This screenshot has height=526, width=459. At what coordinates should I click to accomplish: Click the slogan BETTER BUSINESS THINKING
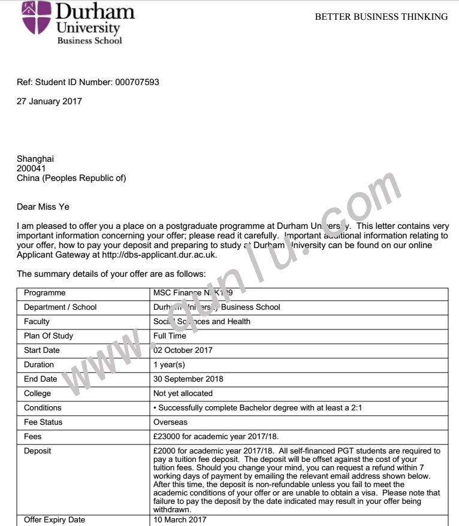click(x=381, y=17)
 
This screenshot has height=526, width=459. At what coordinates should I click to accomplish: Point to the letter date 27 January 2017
click(x=49, y=101)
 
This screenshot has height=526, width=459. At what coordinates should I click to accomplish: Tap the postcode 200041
click(x=31, y=168)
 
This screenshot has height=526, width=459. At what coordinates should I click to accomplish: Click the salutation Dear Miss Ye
click(x=43, y=207)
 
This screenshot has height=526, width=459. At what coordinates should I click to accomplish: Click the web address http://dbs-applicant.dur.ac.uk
click(x=164, y=255)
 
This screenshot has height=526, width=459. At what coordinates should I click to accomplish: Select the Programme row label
click(x=44, y=293)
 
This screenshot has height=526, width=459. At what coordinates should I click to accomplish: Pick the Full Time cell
click(x=168, y=336)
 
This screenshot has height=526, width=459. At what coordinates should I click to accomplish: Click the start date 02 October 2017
click(x=183, y=350)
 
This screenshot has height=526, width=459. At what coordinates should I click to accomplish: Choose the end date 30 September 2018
click(x=188, y=379)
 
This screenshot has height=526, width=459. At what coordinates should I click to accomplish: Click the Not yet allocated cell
click(x=183, y=394)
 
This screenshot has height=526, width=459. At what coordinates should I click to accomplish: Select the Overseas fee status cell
click(x=171, y=422)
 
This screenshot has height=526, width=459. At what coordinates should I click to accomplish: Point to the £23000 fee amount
click(x=169, y=437)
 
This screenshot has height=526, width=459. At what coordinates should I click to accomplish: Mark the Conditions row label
click(x=43, y=408)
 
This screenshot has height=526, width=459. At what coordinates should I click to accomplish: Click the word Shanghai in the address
click(x=35, y=159)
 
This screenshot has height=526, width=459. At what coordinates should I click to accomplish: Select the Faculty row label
click(x=37, y=322)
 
